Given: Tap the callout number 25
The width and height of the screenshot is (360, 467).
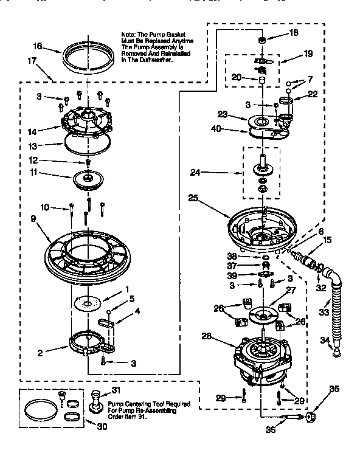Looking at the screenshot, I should (x=193, y=198).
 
